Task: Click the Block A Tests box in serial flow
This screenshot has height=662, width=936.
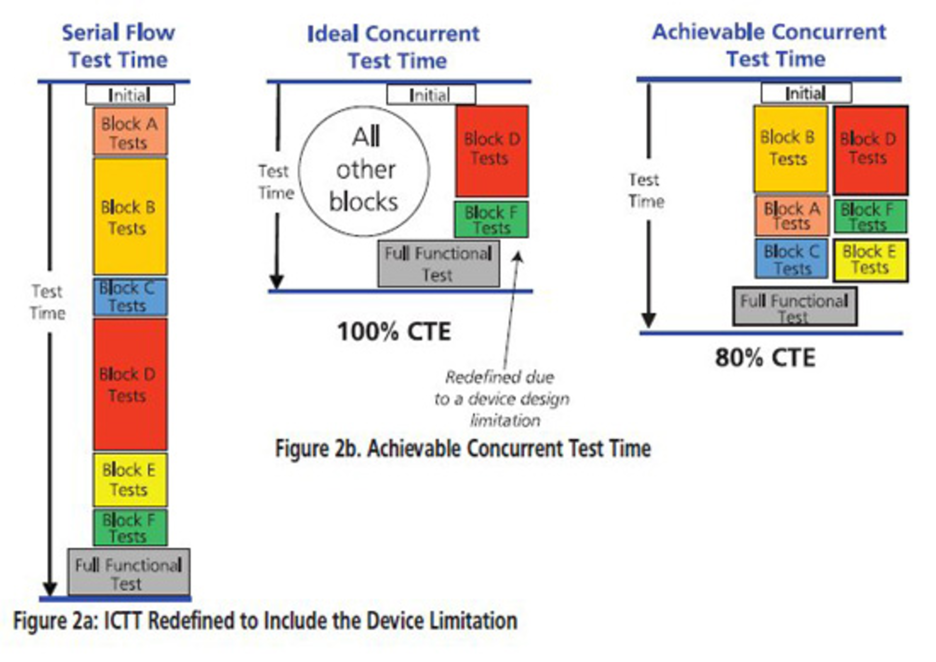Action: coord(130,132)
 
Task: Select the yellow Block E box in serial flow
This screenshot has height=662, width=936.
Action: coord(130,480)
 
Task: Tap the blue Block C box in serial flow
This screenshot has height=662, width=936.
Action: coord(130,296)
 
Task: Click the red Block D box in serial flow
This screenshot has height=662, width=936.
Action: coord(130,384)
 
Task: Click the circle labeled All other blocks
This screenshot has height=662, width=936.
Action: coord(364,171)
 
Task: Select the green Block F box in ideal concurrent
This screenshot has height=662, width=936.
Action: coord(491,220)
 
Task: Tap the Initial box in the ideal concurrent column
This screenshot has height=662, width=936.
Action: coord(431,95)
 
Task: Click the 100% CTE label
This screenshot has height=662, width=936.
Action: coord(394,332)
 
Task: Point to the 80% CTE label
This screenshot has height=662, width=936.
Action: coord(765,357)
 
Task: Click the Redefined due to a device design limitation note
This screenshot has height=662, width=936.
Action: coord(502,399)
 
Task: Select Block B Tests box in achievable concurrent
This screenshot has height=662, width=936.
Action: coord(790,149)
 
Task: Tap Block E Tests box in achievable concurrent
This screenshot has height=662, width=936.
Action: coord(870,260)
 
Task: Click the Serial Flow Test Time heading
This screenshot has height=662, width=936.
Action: coord(118,46)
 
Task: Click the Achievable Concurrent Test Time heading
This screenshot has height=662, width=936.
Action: coord(770,45)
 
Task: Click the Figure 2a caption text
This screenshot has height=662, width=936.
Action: coord(265,621)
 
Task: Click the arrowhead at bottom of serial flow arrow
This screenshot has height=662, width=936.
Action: coord(50,588)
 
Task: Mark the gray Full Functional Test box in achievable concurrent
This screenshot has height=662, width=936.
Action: coord(795,307)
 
